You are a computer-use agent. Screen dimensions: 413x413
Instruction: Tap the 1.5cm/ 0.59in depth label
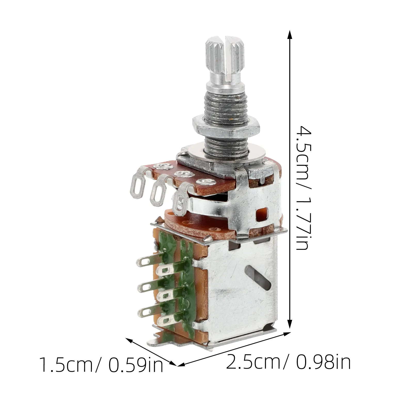pyautogui.click(x=101, y=365)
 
